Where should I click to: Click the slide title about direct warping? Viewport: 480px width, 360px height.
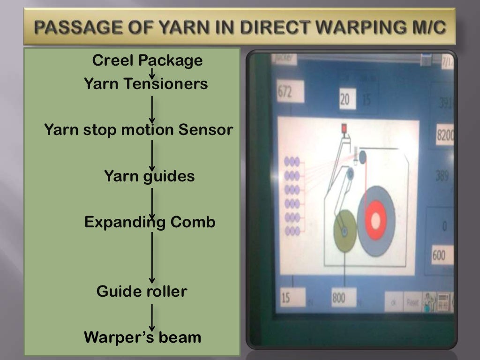pyautogui.click(x=239, y=28)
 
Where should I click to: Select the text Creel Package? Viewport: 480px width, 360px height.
pyautogui.click(x=147, y=60)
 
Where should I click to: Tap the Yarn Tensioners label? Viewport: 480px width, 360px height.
pyautogui.click(x=145, y=84)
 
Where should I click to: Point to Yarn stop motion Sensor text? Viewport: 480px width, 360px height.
pyautogui.click(x=138, y=130)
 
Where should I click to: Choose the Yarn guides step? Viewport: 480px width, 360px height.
pyautogui.click(x=149, y=177)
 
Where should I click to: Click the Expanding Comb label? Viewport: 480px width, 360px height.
pyautogui.click(x=150, y=222)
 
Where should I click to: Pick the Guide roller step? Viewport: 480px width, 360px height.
pyautogui.click(x=142, y=292)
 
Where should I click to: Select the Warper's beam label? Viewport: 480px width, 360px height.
pyautogui.click(x=142, y=337)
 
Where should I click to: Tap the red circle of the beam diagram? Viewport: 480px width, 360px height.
pyautogui.click(x=376, y=220)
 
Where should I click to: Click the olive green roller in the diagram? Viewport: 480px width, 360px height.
pyautogui.click(x=344, y=231)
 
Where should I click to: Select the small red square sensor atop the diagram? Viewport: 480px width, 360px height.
pyautogui.click(x=344, y=128)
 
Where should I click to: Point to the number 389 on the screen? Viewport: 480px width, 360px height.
pyautogui.click(x=442, y=176)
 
